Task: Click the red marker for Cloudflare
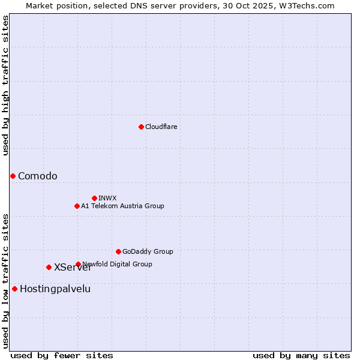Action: pos(141,127)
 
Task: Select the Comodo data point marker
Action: pos(13,176)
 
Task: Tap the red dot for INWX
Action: pos(94,198)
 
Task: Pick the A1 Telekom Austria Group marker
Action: pos(77,206)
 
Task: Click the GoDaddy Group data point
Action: pos(118,251)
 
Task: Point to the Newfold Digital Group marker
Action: pos(78,264)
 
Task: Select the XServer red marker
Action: pos(49,267)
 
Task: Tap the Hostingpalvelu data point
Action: pos(14,289)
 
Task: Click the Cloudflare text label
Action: pos(161,127)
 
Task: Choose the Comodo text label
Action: pos(38,176)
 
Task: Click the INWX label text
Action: pos(107,198)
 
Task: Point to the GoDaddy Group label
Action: pos(148,251)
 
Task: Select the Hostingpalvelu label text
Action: pos(55,289)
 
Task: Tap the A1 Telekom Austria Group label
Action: pos(122,206)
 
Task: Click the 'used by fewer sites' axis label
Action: pos(62,355)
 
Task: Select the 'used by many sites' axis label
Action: pos(301,355)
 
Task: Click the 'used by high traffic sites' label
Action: pos(5,85)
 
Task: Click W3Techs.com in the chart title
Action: pos(305,5)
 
